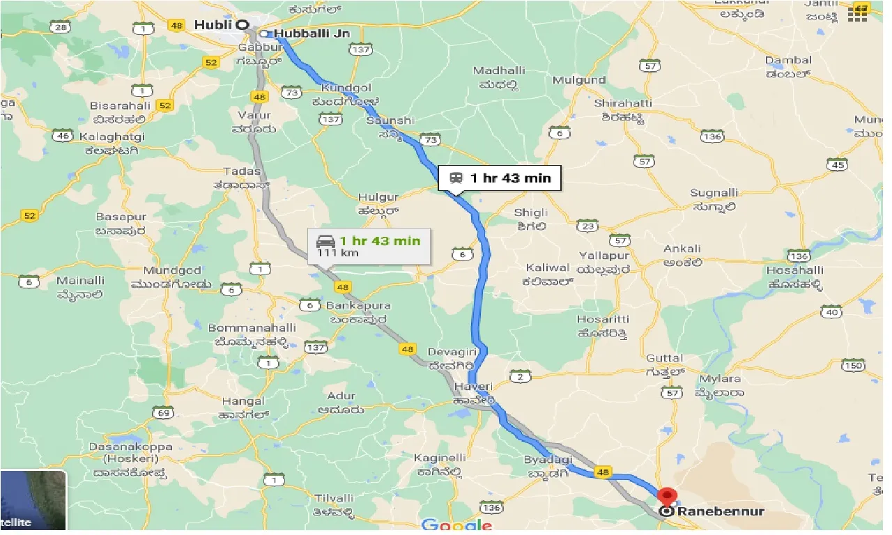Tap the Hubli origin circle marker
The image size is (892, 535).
click(x=243, y=24)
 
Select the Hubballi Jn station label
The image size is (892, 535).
click(x=311, y=33)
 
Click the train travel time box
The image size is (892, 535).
click(x=500, y=178)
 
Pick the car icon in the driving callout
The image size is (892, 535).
click(x=325, y=242)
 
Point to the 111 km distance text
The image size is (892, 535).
click(x=337, y=252)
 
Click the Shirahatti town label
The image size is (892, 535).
click(x=623, y=103)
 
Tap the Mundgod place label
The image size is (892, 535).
click(x=172, y=270)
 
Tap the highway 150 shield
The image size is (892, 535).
click(x=853, y=364)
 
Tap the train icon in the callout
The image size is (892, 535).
click(x=456, y=178)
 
